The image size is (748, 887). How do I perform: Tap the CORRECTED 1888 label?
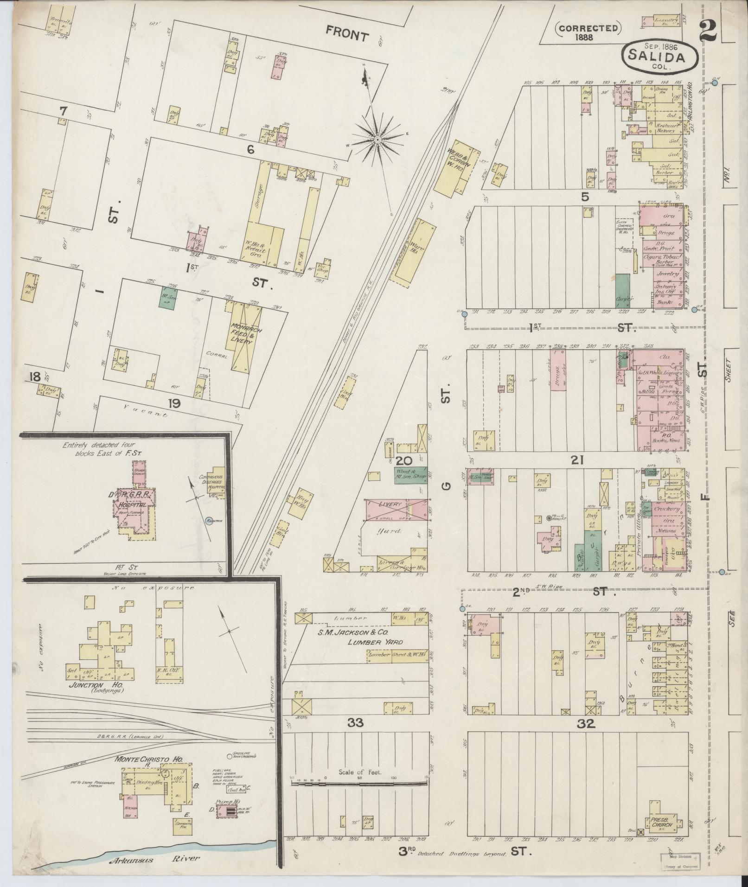point(588,32)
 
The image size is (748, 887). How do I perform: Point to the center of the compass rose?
point(377,139)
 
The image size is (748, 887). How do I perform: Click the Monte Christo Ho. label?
point(150,759)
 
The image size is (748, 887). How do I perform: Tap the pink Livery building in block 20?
point(393,509)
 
